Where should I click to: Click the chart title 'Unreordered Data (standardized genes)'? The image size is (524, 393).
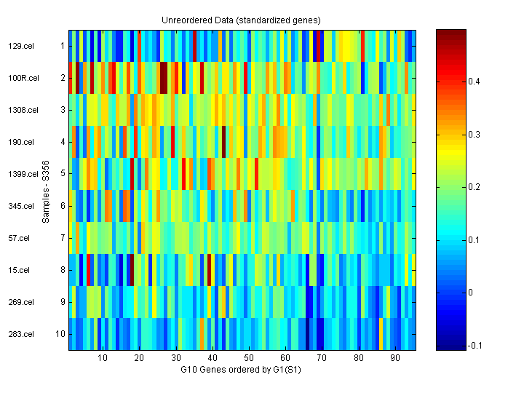[x=242, y=20]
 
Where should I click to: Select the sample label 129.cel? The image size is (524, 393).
[x=20, y=46]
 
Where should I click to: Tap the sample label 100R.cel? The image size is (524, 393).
[x=21, y=78]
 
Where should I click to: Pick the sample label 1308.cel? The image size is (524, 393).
[x=22, y=110]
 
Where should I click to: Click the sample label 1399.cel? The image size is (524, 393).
[x=22, y=174]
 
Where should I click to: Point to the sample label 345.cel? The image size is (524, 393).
[x=20, y=206]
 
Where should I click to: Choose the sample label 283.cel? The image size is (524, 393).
[x=20, y=334]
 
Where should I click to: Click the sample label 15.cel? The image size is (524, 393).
[x=18, y=270]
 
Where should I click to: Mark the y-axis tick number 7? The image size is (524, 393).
[x=63, y=238]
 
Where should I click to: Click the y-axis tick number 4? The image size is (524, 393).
[x=63, y=142]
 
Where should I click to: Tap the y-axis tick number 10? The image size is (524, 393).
[x=60, y=334]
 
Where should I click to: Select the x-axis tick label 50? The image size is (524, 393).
[x=249, y=359]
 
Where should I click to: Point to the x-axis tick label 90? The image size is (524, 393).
[x=395, y=359]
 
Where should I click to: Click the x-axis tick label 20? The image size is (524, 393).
[x=139, y=359]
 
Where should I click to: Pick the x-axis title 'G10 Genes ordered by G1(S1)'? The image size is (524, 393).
[x=242, y=370]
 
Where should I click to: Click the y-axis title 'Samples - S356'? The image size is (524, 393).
[x=44, y=190]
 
